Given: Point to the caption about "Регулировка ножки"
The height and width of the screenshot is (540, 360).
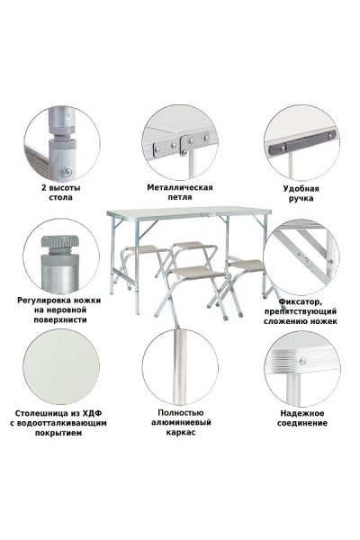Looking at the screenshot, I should [x=58, y=309].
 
